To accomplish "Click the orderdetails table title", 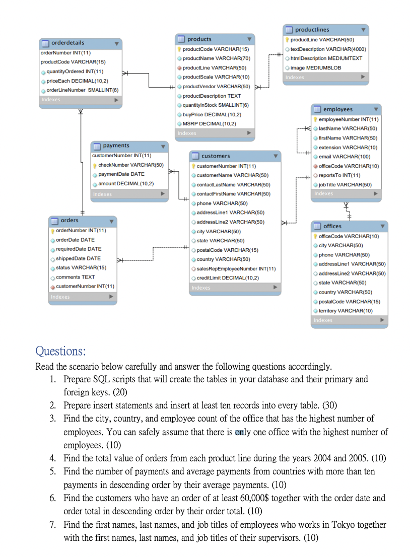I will tap(68, 43).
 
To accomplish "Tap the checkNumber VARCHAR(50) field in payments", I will tap(130, 165).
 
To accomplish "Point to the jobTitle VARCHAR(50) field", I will tap(345, 184).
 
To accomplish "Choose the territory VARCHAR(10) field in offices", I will tap(346, 311).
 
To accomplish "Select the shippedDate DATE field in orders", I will tap(78, 258).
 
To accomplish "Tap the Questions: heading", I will tap(60, 351).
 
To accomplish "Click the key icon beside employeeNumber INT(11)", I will tap(315, 119).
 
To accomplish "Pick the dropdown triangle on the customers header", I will tap(275, 156).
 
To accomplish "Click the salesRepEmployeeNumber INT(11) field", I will tap(236, 268).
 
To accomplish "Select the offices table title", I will tap(332, 226).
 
